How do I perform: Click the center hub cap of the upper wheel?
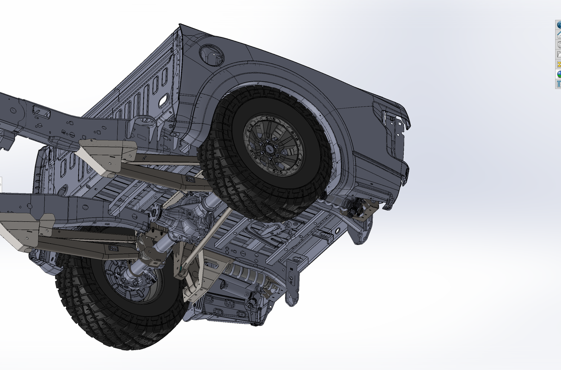[x=268, y=148]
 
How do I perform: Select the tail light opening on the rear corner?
[x=391, y=126]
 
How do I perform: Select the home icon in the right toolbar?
[x=558, y=35]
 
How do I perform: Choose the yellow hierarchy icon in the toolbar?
[x=558, y=64]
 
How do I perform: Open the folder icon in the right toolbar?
[x=558, y=54]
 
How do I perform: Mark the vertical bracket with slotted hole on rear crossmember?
[x=292, y=277]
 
